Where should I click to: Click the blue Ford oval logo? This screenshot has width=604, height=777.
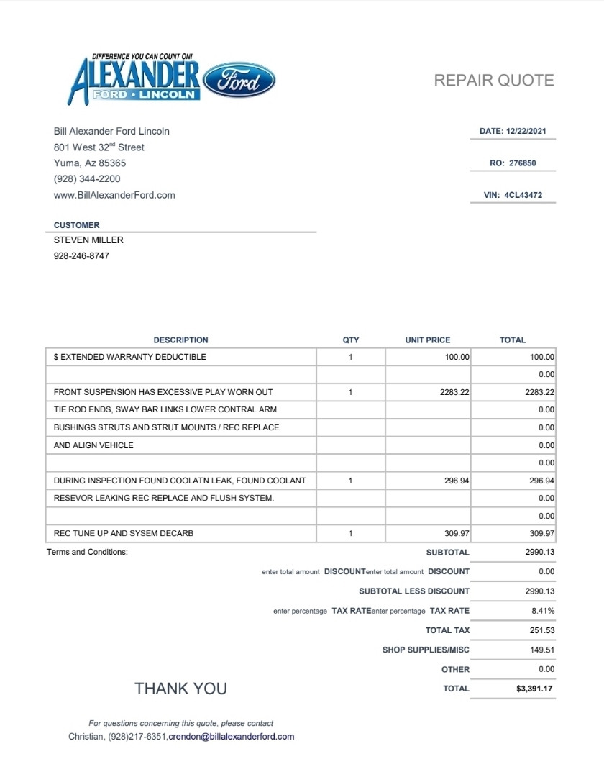[239, 81]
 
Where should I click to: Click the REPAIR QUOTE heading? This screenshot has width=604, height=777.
[494, 80]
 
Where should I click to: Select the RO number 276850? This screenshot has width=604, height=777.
[523, 163]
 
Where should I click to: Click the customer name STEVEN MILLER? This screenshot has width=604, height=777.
[88, 240]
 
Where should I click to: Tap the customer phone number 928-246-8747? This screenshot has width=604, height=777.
[82, 256]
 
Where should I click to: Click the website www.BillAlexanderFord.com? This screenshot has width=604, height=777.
[114, 195]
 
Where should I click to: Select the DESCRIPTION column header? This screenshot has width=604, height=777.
[180, 340]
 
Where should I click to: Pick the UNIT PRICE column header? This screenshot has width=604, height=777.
[428, 340]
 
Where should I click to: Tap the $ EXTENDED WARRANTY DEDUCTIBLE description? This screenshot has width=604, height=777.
[130, 357]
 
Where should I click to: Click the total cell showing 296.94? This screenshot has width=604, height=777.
[542, 481]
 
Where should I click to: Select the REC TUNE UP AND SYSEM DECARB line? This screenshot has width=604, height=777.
[124, 534]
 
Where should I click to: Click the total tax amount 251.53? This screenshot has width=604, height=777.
[542, 630]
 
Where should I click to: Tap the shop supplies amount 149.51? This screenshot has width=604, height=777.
[542, 650]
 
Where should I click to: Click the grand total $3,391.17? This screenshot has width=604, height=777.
[535, 689]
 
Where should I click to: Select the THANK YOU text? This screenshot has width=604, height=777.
[180, 689]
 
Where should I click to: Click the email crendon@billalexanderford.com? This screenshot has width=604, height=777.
[232, 737]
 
